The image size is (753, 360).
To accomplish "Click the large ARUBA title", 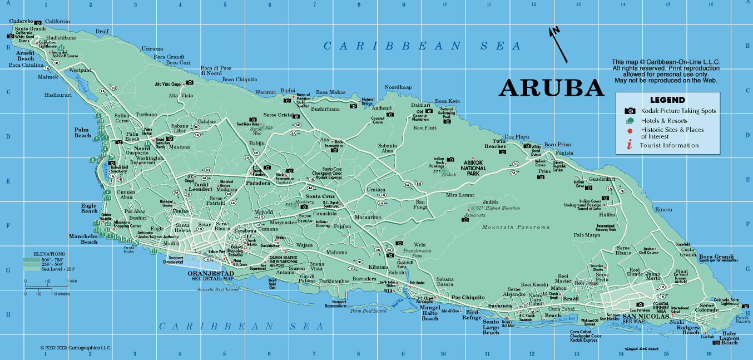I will pyautogui.click(x=551, y=87).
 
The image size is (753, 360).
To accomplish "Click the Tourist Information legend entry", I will pyautogui.click(x=668, y=145).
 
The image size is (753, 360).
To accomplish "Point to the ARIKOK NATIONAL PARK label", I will pyautogui.click(x=473, y=168).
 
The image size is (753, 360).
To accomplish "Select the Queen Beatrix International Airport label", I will pyautogui.click(x=284, y=262).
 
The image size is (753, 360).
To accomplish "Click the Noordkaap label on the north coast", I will pyautogui.click(x=398, y=87).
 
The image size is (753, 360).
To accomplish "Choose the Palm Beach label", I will pyautogui.click(x=82, y=132).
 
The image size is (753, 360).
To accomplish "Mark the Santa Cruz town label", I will pyautogui.click(x=320, y=196).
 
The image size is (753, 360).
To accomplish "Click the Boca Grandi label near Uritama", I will pyautogui.click(x=169, y=57).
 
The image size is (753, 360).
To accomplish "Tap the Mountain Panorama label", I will pyautogui.click(x=516, y=227).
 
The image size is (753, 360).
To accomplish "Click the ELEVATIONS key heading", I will pyautogui.click(x=49, y=253).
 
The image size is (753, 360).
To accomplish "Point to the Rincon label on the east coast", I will pyautogui.click(x=664, y=209).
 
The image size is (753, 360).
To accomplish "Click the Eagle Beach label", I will pyautogui.click(x=89, y=208).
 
